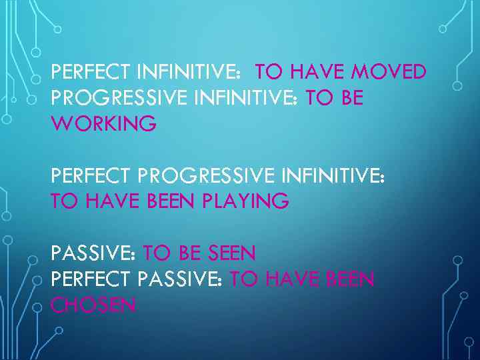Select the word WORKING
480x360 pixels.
pyautogui.click(x=104, y=123)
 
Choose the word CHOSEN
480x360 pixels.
pyautogui.click(x=94, y=305)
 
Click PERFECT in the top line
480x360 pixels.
pyautogui.click(x=91, y=72)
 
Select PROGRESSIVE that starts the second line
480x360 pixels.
pyautogui.click(x=119, y=98)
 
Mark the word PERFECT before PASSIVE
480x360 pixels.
pyautogui.click(x=91, y=279)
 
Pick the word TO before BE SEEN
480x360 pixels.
pyautogui.click(x=157, y=253)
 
